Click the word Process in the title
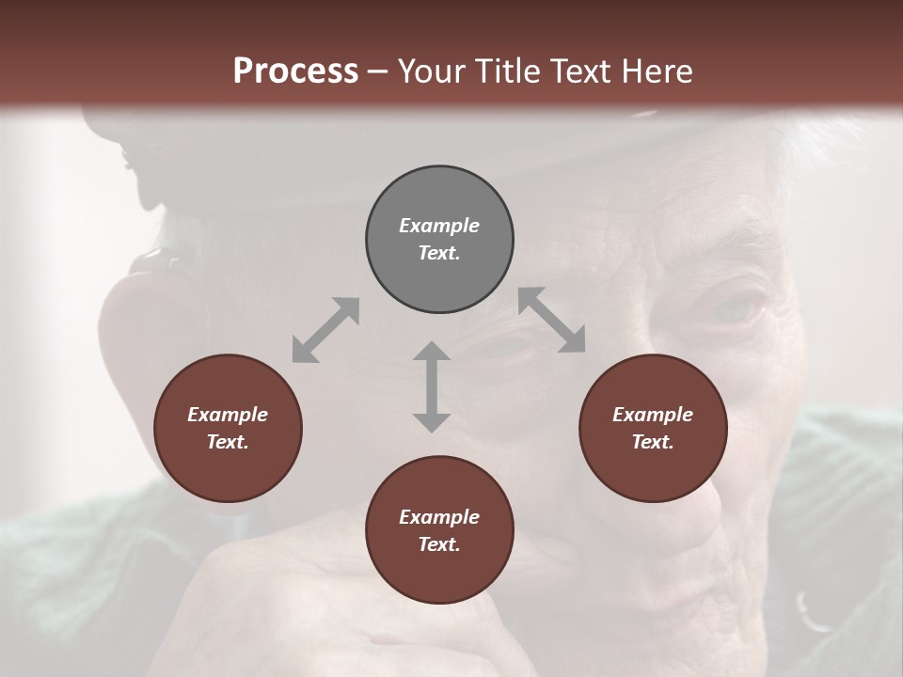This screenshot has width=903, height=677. tap(295, 71)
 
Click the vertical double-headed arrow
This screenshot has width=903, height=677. tap(432, 386)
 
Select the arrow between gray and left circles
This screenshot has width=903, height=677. tap(325, 330)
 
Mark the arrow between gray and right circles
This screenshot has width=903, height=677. tap(551, 321)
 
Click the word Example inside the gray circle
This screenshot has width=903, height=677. tap(439, 226)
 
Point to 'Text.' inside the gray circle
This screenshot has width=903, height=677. tap(439, 253)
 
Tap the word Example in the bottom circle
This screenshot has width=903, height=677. tap(439, 517)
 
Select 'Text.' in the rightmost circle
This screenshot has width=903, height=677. tap(653, 442)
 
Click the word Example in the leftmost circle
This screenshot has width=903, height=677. tap(228, 415)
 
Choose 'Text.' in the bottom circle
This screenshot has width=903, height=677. tap(439, 544)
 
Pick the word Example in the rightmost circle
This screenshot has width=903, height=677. tap(653, 415)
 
